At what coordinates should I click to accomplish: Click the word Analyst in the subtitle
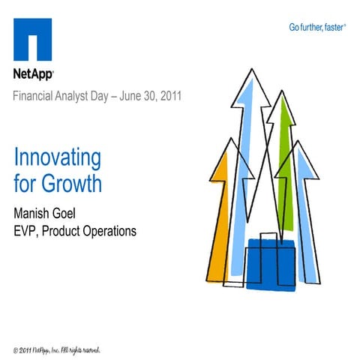pyautogui.click(x=83, y=97)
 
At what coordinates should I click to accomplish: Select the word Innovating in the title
pyautogui.click(x=57, y=159)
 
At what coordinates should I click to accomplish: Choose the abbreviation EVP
pyautogui.click(x=26, y=231)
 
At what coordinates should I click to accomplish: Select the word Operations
pyautogui.click(x=112, y=231)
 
